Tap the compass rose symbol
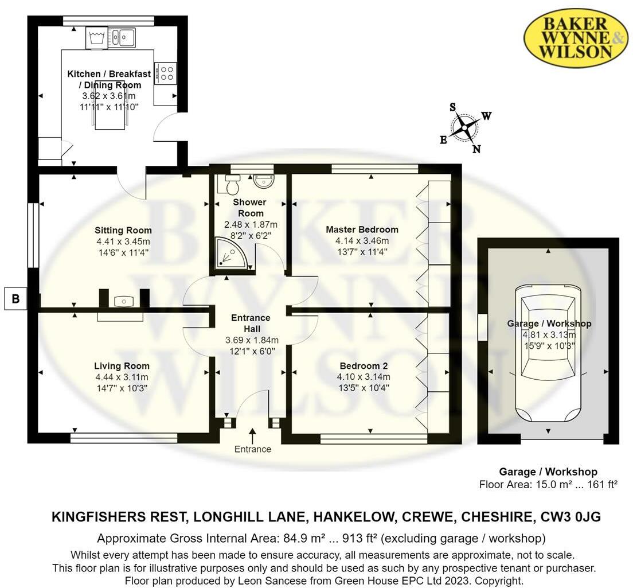(465, 128)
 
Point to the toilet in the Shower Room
(232, 185)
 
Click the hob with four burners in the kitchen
(166, 73)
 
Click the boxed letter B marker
(15, 298)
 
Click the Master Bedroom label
(362, 229)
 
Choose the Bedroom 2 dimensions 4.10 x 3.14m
(364, 377)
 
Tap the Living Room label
(122, 366)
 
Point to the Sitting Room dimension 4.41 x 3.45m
(123, 241)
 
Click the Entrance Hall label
(251, 323)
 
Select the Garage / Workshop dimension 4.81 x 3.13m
(549, 335)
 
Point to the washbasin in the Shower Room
(264, 180)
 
